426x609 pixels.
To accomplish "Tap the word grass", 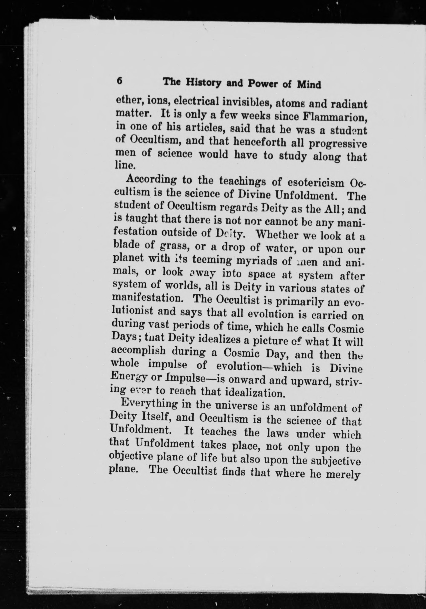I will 174,246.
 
